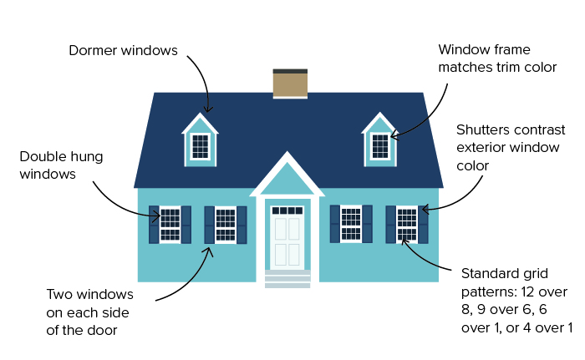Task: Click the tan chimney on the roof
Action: [x=290, y=84]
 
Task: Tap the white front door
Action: [x=287, y=238]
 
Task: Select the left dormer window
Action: [x=200, y=146]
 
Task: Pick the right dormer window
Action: [x=380, y=146]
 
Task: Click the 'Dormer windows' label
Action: [x=123, y=50]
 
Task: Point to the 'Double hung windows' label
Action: [x=61, y=165]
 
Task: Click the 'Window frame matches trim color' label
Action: [x=497, y=58]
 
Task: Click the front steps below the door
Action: [x=287, y=279]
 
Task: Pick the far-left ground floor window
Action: [x=170, y=225]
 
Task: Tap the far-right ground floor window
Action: [x=407, y=224]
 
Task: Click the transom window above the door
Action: [x=287, y=210]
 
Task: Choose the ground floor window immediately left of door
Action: [x=226, y=225]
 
